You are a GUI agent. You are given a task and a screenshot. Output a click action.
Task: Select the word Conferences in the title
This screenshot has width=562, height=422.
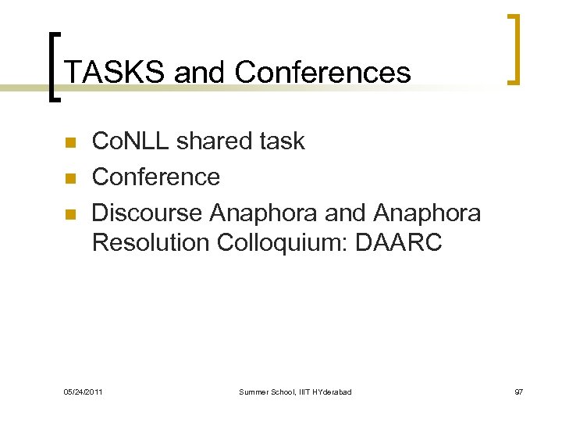coord(322,73)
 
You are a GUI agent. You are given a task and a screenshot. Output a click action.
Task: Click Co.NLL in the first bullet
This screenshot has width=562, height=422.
coord(130,141)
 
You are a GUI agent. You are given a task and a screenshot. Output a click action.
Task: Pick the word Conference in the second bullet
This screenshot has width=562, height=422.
coord(156,177)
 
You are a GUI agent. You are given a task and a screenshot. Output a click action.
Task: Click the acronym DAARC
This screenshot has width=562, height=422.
coord(399,243)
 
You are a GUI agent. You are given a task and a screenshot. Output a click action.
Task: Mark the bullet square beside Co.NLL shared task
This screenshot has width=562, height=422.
coord(69,143)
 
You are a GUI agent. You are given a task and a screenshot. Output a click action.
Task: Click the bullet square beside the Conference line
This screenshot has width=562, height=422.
coord(69,178)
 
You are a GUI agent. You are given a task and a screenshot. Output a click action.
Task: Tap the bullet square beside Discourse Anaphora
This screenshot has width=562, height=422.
coord(69,213)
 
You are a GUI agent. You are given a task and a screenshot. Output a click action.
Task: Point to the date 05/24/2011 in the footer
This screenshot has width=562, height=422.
coord(83,391)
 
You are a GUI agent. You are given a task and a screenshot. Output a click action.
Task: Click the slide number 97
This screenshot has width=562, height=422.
coord(518,391)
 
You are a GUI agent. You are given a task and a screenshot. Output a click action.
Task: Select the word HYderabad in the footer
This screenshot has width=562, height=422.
coord(332,391)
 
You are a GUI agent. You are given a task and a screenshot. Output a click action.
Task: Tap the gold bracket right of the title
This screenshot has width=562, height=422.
coord(514,48)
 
